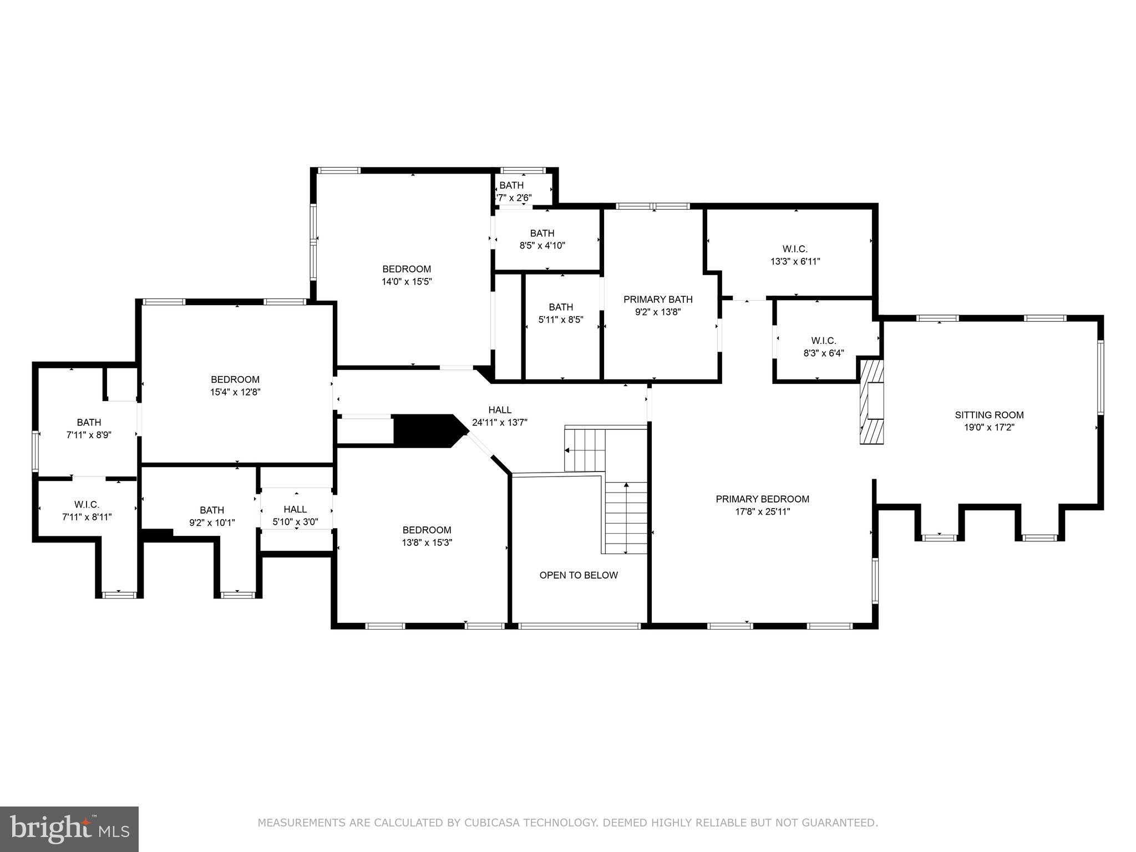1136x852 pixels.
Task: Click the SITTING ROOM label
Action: (989, 415)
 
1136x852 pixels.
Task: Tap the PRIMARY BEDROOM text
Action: (762, 499)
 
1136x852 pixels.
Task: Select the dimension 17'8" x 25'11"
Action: (762, 512)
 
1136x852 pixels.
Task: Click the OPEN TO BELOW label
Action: (579, 575)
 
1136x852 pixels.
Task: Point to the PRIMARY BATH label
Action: (658, 300)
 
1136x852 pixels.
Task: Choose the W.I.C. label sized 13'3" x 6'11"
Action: (795, 249)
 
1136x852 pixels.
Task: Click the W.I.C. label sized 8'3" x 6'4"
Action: (823, 341)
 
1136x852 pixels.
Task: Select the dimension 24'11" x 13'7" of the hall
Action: (499, 423)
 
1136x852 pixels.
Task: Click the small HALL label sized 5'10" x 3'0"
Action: (295, 509)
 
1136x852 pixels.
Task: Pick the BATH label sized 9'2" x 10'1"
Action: (212, 510)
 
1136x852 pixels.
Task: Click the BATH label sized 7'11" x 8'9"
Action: (89, 423)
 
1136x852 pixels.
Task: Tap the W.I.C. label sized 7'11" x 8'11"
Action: (87, 505)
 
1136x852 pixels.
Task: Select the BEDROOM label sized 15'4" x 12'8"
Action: (235, 380)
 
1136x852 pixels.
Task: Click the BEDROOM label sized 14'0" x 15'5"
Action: (406, 270)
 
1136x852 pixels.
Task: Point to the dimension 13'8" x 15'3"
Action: (427, 543)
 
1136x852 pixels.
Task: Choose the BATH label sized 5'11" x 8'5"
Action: (561, 307)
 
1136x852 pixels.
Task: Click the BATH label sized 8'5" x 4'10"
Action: (542, 234)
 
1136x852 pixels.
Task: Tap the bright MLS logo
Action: (69, 829)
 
